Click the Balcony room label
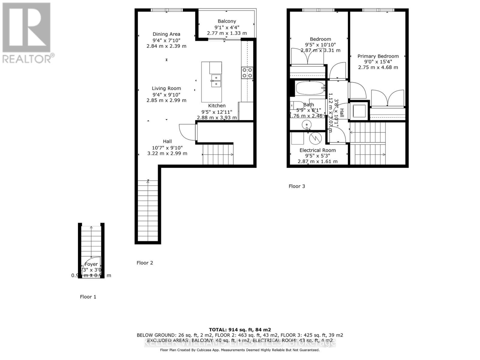point(227,21)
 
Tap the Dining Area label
point(166,34)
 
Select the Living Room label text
point(166,88)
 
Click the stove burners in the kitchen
point(247,73)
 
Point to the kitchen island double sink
point(216,80)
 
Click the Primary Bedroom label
point(378,56)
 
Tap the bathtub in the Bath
point(310,88)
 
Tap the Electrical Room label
point(317,150)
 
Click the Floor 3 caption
point(297,186)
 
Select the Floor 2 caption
point(145,263)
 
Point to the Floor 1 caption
point(88,297)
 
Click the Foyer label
point(91,264)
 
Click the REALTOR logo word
point(28,58)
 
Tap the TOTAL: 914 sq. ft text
point(240,330)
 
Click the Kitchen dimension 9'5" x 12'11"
point(217,112)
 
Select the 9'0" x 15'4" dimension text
point(378,62)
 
